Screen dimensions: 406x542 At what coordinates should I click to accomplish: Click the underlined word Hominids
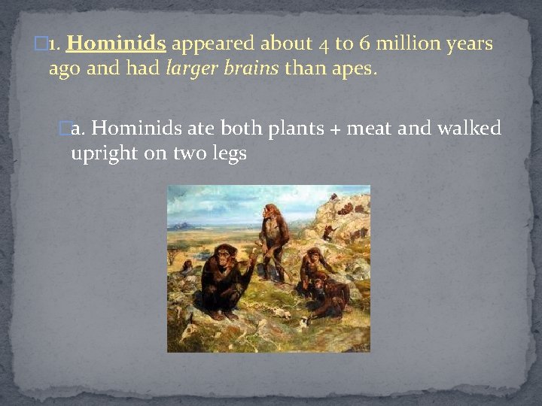116,44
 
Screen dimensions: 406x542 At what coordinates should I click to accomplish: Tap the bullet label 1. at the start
53,44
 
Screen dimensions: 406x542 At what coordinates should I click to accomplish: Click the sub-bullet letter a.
78,129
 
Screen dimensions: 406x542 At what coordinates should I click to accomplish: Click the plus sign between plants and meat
333,129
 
